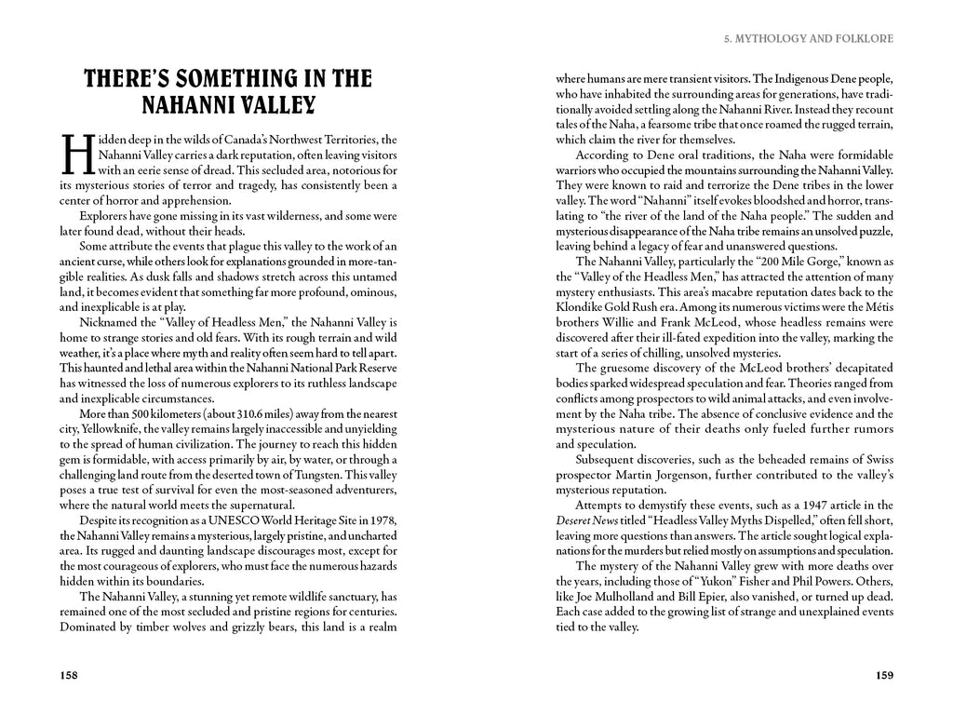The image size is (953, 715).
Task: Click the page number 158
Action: (x=69, y=675)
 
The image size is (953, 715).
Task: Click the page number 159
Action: (x=884, y=675)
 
